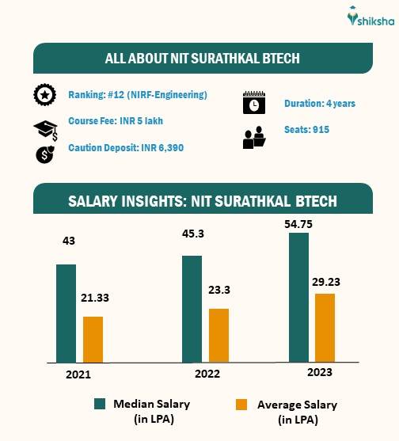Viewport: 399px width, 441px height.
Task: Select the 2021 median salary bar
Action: click(66, 313)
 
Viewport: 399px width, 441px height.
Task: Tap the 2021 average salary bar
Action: click(93, 339)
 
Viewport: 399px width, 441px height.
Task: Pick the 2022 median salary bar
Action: click(192, 308)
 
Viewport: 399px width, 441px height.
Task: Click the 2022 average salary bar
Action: click(218, 335)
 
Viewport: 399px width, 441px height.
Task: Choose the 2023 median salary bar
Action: click(298, 297)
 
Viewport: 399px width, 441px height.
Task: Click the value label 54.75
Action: click(302, 224)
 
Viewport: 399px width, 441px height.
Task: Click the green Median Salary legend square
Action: click(101, 404)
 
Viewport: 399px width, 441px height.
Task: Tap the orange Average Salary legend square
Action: click(244, 405)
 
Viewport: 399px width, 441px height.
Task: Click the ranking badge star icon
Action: click(44, 95)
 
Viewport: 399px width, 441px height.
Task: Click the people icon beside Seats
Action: click(253, 139)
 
